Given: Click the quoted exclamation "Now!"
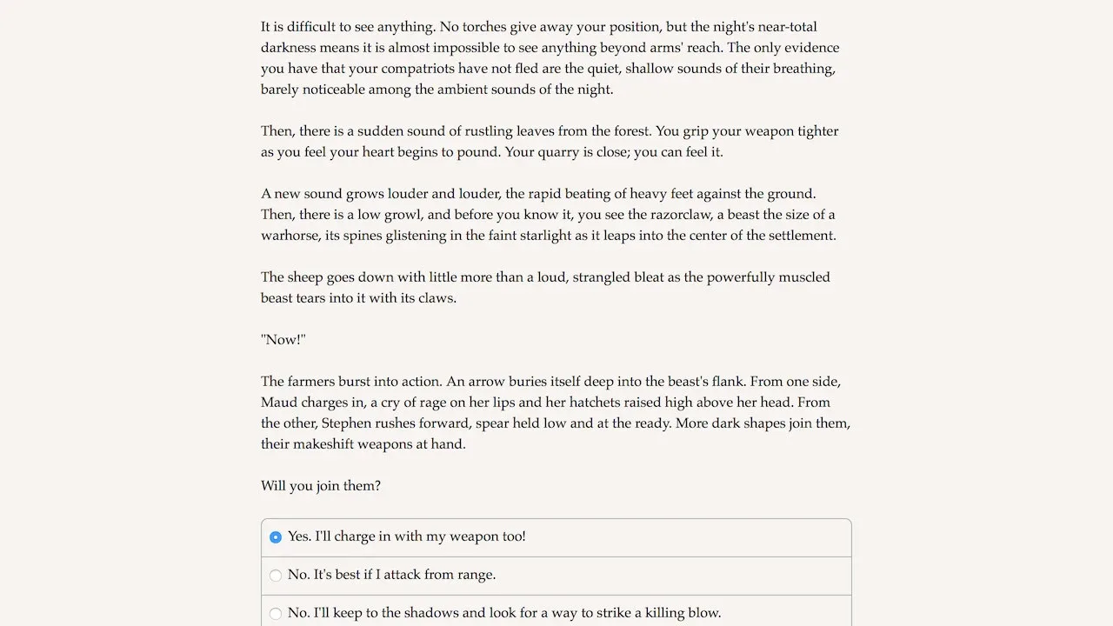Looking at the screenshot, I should [283, 340].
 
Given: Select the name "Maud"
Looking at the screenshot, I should [279, 403].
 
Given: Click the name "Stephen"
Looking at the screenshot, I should [347, 423].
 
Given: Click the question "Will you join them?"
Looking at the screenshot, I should [321, 486].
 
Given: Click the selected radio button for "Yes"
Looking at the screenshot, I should [276, 537].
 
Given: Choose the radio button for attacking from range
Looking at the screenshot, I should [276, 576].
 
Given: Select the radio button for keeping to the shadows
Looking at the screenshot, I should [276, 614].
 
